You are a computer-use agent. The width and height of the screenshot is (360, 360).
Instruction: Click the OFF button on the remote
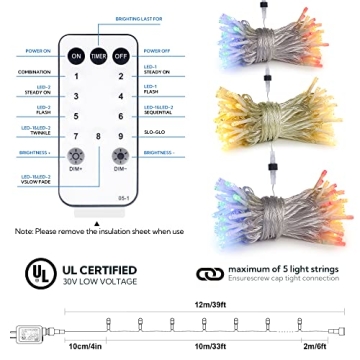coord(121,58)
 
